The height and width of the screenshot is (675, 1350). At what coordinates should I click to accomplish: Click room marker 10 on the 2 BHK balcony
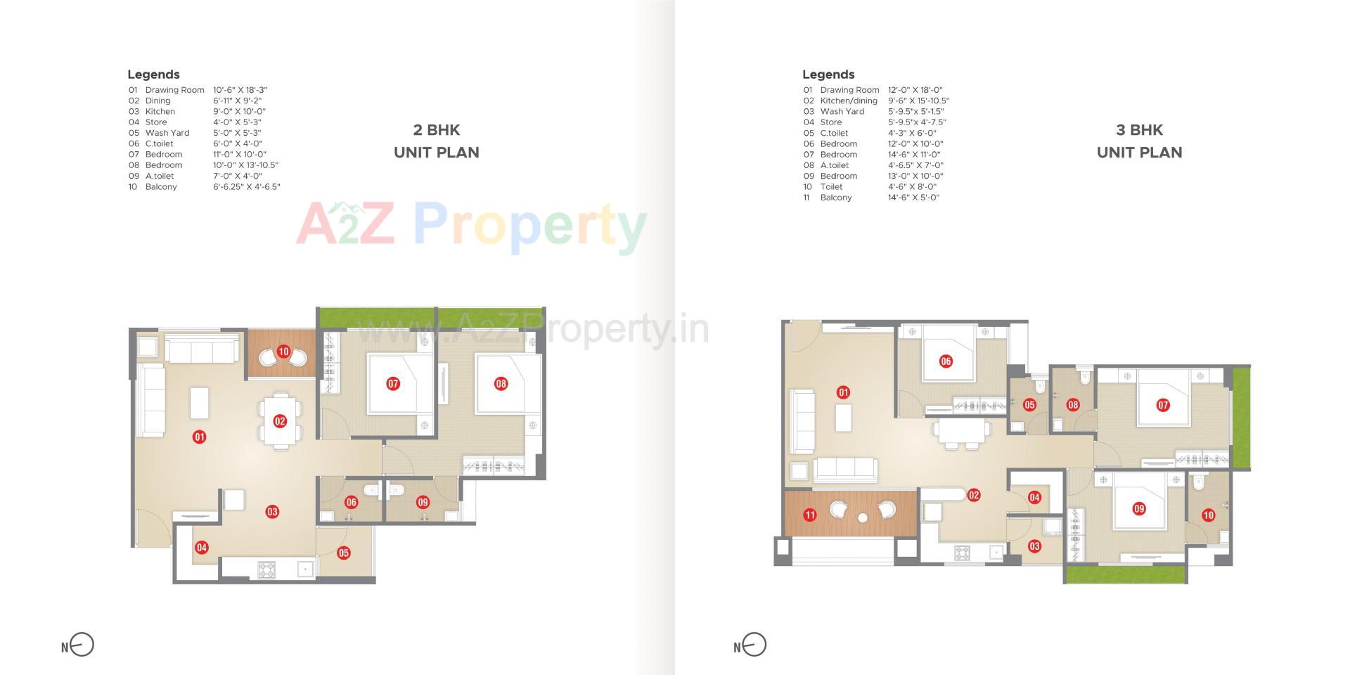coord(283,352)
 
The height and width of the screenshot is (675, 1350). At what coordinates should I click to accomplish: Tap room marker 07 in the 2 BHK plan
coord(393,383)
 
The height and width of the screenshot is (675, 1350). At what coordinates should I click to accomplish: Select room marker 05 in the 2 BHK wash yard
coord(344,553)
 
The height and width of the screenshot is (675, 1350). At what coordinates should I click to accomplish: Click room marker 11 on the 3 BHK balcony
coord(810,515)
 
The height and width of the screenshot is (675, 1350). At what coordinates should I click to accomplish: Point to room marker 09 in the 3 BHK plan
coord(1139,509)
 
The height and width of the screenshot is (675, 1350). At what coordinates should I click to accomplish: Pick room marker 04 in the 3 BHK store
coord(1034,497)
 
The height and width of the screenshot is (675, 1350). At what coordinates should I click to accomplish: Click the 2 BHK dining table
coord(280,421)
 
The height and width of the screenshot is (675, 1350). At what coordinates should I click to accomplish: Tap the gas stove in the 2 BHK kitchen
coord(267,569)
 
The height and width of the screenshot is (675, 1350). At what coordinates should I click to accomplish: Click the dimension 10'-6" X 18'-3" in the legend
coord(240,90)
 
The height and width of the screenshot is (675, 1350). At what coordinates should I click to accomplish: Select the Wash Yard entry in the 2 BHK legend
coord(167,133)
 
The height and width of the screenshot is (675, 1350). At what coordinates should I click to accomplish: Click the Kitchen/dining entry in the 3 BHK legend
coord(849,101)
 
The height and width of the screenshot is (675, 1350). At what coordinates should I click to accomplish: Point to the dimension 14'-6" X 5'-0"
coord(913,198)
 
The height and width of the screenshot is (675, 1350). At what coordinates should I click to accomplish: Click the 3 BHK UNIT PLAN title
coord(1139,141)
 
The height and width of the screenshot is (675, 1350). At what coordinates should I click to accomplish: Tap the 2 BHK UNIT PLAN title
coord(436,141)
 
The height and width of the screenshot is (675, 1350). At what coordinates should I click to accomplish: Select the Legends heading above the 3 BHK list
coord(828,75)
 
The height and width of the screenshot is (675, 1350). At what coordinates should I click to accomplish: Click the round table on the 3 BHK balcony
coord(863,517)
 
